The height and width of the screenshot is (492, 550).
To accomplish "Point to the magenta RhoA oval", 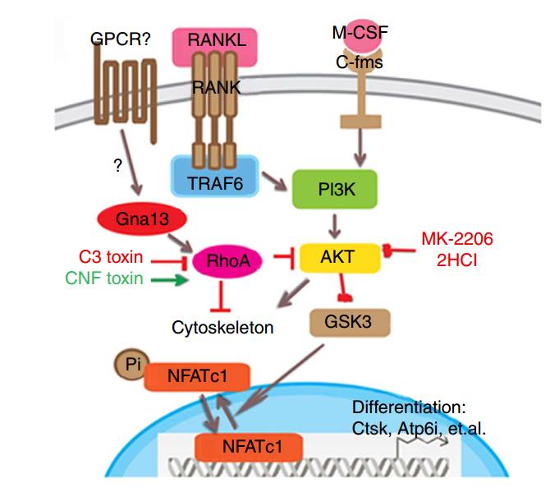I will (x=227, y=262).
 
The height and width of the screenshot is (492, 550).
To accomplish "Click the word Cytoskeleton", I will (x=222, y=328).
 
